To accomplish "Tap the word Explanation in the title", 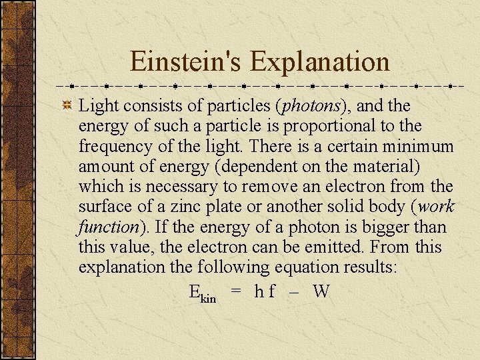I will click(x=319, y=61).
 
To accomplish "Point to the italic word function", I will click(x=107, y=227).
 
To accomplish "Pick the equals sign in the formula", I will click(x=235, y=291).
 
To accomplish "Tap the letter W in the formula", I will click(x=321, y=291).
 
